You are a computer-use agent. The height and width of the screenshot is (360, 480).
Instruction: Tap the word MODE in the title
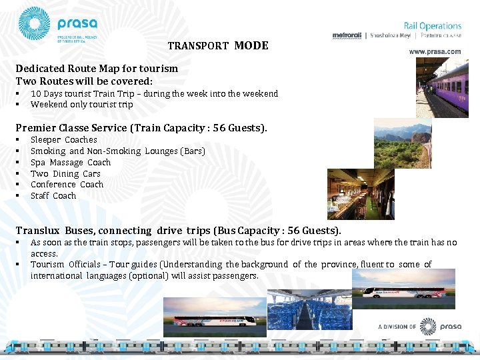pyautogui.click(x=251, y=46)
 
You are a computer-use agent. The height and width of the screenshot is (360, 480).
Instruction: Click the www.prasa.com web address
pyautogui.click(x=435, y=51)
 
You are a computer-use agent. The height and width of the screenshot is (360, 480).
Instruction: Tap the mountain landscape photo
pyautogui.click(x=403, y=143)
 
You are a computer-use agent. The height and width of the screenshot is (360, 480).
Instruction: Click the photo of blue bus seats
pyautogui.click(x=309, y=306)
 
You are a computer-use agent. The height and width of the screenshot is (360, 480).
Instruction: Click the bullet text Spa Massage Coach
pyautogui.click(x=71, y=163)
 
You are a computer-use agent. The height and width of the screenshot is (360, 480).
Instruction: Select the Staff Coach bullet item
pyautogui.click(x=53, y=196)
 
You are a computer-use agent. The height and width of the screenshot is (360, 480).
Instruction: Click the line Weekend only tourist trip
pyautogui.click(x=81, y=105)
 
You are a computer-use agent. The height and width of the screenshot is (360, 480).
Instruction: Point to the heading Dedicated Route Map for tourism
pyautogui.click(x=97, y=69)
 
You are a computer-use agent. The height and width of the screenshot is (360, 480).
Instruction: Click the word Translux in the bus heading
pyautogui.click(x=38, y=231)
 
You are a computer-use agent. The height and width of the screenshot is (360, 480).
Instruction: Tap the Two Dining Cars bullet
pyautogui.click(x=65, y=174)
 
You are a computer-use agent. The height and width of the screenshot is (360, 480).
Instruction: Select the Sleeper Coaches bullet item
pyautogui.click(x=64, y=140)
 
